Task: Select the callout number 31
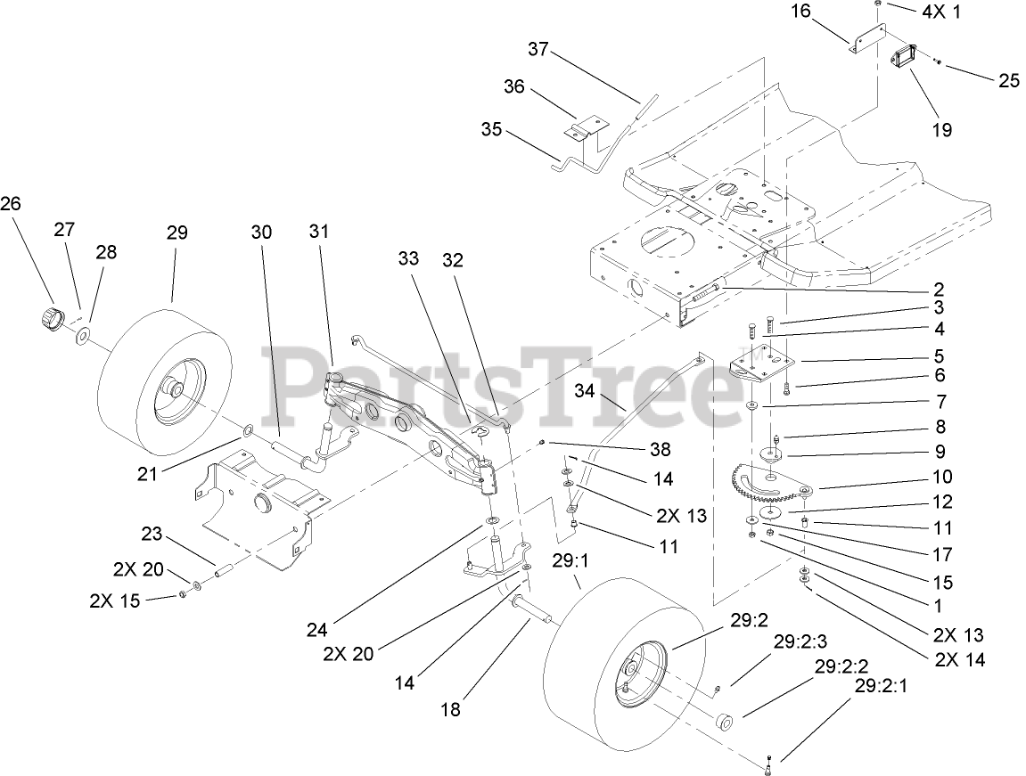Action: pyautogui.click(x=318, y=231)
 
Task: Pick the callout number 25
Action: pyautogui.click(x=1008, y=80)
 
